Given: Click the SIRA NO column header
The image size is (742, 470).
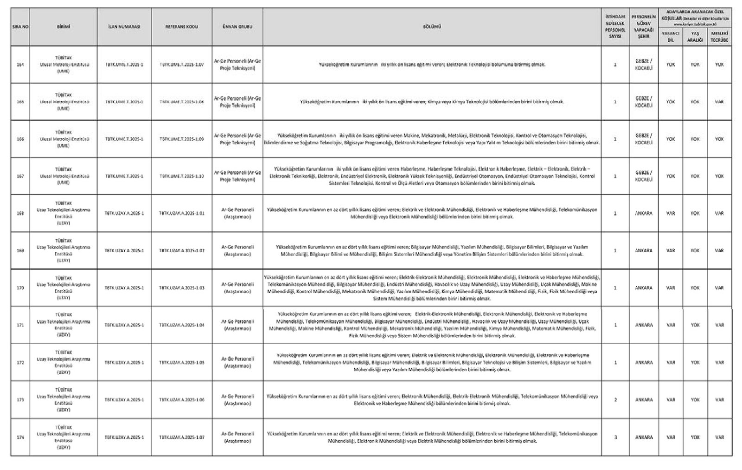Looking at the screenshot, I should pyautogui.click(x=20, y=27).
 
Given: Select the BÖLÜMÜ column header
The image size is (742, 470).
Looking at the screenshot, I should pyautogui.click(x=432, y=27).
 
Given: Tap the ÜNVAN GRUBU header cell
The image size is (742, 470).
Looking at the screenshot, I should pyautogui.click(x=237, y=27).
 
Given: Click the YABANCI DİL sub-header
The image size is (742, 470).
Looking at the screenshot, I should pyautogui.click(x=671, y=37).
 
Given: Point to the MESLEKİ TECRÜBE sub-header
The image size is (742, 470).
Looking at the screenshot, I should pyautogui.click(x=719, y=37).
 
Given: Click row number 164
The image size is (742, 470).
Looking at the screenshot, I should pyautogui.click(x=20, y=65).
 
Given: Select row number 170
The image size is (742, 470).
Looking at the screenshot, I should pyautogui.click(x=20, y=288).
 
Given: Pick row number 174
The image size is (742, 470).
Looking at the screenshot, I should pyautogui.click(x=20, y=437).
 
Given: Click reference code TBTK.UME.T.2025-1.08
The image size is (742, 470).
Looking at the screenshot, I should pyautogui.click(x=181, y=102).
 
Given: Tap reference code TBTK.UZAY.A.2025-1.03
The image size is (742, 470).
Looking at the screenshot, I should pyautogui.click(x=181, y=288).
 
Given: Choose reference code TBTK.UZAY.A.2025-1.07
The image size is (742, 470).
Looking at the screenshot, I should pyautogui.click(x=181, y=437).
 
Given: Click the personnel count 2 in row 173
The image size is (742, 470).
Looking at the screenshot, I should pyautogui.click(x=615, y=400).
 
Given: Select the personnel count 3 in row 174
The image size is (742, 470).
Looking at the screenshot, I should pyautogui.click(x=615, y=437).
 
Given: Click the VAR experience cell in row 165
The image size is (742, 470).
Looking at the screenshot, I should pyautogui.click(x=719, y=102).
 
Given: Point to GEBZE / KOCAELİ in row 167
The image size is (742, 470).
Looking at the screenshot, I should pyautogui.click(x=644, y=176).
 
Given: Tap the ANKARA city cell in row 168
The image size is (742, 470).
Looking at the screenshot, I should pyautogui.click(x=644, y=214).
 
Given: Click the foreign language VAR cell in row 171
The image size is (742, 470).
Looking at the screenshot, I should pyautogui.click(x=671, y=325).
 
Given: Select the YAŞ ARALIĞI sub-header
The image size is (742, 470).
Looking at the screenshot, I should pyautogui.click(x=695, y=37).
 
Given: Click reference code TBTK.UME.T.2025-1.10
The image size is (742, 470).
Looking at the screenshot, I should pyautogui.click(x=181, y=176).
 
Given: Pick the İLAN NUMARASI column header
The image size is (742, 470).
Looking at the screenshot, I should pyautogui.click(x=124, y=27).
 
